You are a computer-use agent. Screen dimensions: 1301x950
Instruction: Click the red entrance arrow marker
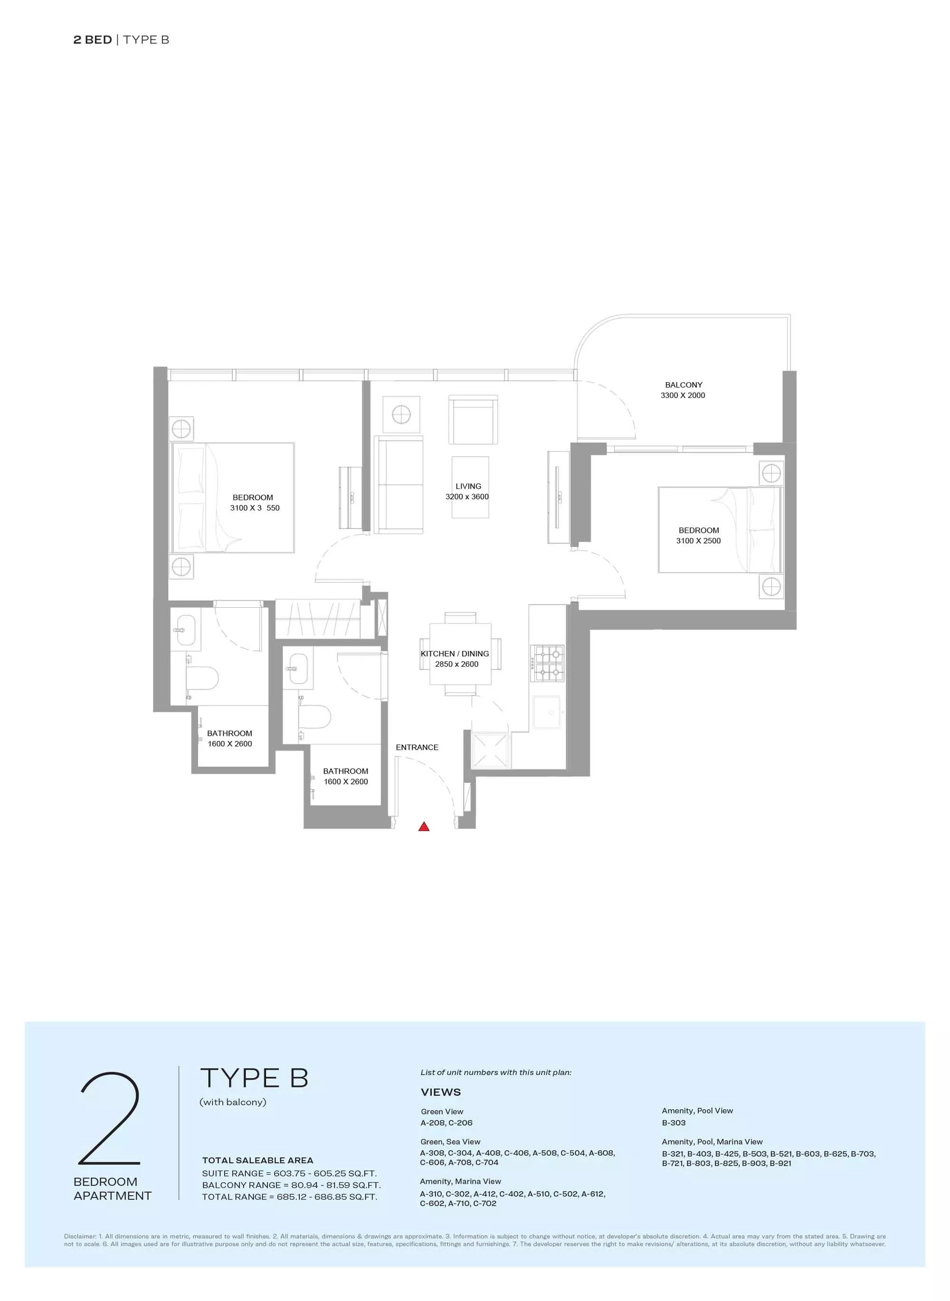pos(424,827)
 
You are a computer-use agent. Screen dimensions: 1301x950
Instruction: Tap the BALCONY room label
pos(683,385)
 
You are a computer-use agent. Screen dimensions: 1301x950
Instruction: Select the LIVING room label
pos(468,486)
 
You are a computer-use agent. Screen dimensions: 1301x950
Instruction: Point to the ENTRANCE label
pos(417,747)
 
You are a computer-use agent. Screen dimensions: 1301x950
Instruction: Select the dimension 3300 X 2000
pos(683,396)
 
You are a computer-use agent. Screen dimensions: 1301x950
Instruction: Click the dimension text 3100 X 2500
pos(698,541)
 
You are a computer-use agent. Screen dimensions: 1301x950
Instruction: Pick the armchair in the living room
pos(473,419)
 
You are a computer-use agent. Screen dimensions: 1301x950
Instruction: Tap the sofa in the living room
pos(398,484)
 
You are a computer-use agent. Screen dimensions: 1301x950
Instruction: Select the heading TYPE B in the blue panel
pos(254,1078)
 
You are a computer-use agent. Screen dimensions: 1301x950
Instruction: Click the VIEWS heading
pos(440,1092)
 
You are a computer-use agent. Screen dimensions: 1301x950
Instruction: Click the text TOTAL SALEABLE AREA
pos(257,1160)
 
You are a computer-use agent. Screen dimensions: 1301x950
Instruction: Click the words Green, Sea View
pos(450,1142)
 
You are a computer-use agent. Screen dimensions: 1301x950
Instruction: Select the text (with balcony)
pos(233,1102)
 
